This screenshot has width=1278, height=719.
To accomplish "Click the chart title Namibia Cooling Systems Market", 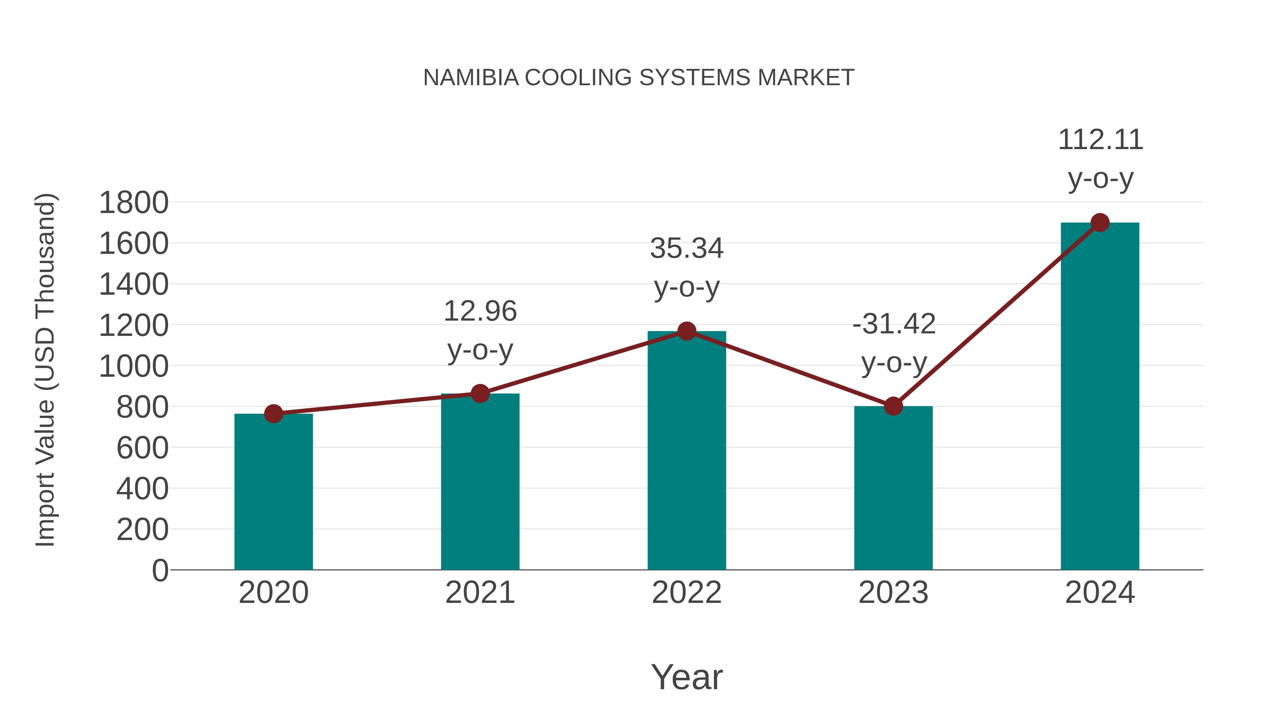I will pos(639,78).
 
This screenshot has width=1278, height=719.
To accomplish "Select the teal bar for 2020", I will pos(273,491).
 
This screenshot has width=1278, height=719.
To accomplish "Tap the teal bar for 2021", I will pos(480,481).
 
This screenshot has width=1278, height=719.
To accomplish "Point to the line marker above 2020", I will pos(273,413).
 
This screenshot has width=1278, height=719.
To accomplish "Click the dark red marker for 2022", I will pos(687,331).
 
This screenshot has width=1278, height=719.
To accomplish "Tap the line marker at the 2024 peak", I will pos(1100,223).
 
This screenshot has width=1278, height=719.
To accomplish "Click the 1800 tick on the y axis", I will pos(133,203).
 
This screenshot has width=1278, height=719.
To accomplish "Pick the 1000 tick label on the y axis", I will pos(133,367).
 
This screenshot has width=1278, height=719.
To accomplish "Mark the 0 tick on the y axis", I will pos(160,571).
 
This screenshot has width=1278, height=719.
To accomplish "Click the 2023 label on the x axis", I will pos(893,593).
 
